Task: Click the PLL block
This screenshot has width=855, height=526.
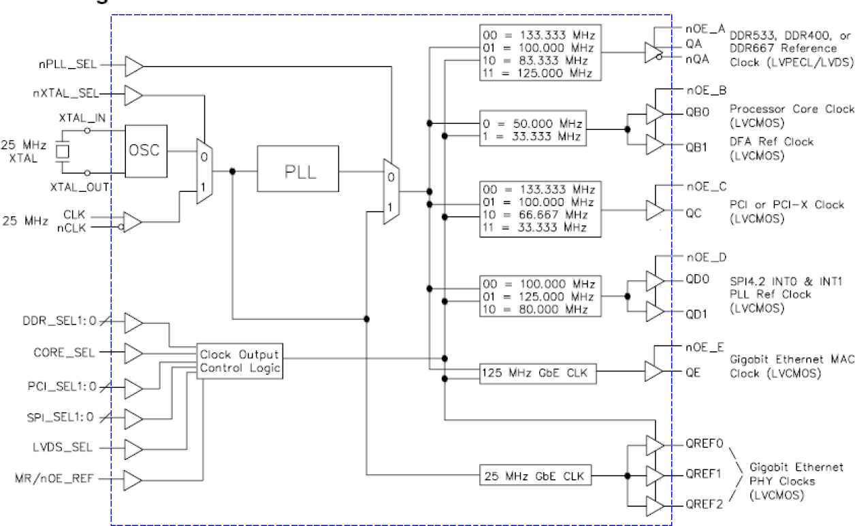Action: [297, 171]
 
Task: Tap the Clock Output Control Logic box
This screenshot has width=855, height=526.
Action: [238, 361]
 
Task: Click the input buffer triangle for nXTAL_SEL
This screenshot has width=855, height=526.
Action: [134, 95]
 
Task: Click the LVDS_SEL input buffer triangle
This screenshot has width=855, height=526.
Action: [134, 448]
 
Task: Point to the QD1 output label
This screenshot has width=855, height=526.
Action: [697, 314]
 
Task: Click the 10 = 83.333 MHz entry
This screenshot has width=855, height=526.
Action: [537, 60]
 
